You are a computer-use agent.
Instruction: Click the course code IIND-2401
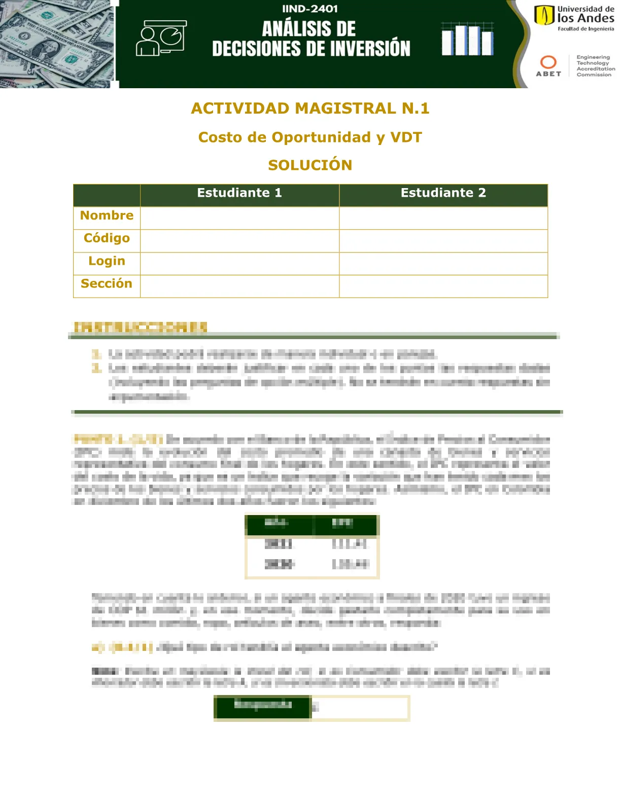point(309,9)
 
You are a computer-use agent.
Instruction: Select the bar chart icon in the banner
point(467,39)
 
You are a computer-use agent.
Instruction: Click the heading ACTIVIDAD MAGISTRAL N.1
point(310,108)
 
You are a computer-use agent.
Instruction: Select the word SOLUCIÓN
point(310,165)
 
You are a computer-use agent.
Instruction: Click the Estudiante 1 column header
point(239,193)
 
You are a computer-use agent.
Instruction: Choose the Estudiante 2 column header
point(443,193)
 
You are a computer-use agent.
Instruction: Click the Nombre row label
point(107,216)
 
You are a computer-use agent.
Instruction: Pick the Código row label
point(107,238)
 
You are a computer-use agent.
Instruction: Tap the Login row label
point(107,261)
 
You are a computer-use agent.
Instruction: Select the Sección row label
point(107,284)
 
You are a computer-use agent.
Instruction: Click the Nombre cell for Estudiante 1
point(239,218)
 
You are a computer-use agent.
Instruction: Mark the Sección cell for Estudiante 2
point(443,286)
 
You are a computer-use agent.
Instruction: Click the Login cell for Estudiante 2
point(443,264)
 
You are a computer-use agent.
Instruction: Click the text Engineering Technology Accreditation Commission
point(595,66)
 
